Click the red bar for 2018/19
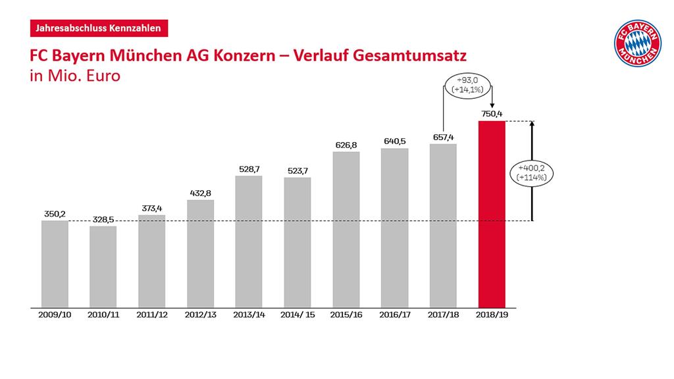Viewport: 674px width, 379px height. point(492,214)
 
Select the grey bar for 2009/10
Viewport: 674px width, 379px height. point(55,264)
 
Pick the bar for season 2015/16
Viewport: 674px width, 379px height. point(346,230)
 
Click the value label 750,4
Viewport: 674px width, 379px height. point(492,114)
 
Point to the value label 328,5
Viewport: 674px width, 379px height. point(103,219)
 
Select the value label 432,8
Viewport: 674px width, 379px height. point(201,193)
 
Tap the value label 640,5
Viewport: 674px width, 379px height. point(395,141)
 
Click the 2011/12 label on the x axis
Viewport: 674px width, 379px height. point(152,315)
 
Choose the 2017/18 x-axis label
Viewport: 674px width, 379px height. point(443,315)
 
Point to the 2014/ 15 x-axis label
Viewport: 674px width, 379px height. point(298,315)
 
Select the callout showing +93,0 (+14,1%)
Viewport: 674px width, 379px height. point(466,86)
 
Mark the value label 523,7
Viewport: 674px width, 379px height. point(298,170)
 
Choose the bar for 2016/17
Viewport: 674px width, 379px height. point(395,228)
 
